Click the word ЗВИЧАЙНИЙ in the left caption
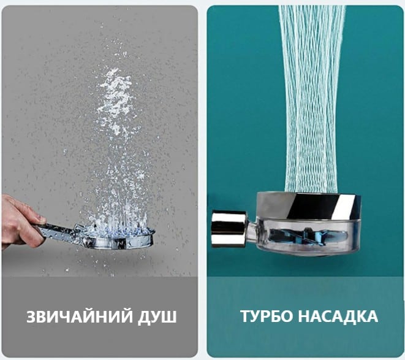(79, 316)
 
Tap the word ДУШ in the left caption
(157, 317)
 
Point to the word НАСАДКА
(338, 316)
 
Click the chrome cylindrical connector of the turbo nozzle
(229, 229)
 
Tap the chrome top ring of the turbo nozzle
(309, 205)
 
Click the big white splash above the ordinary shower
(115, 101)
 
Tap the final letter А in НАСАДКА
(372, 316)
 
